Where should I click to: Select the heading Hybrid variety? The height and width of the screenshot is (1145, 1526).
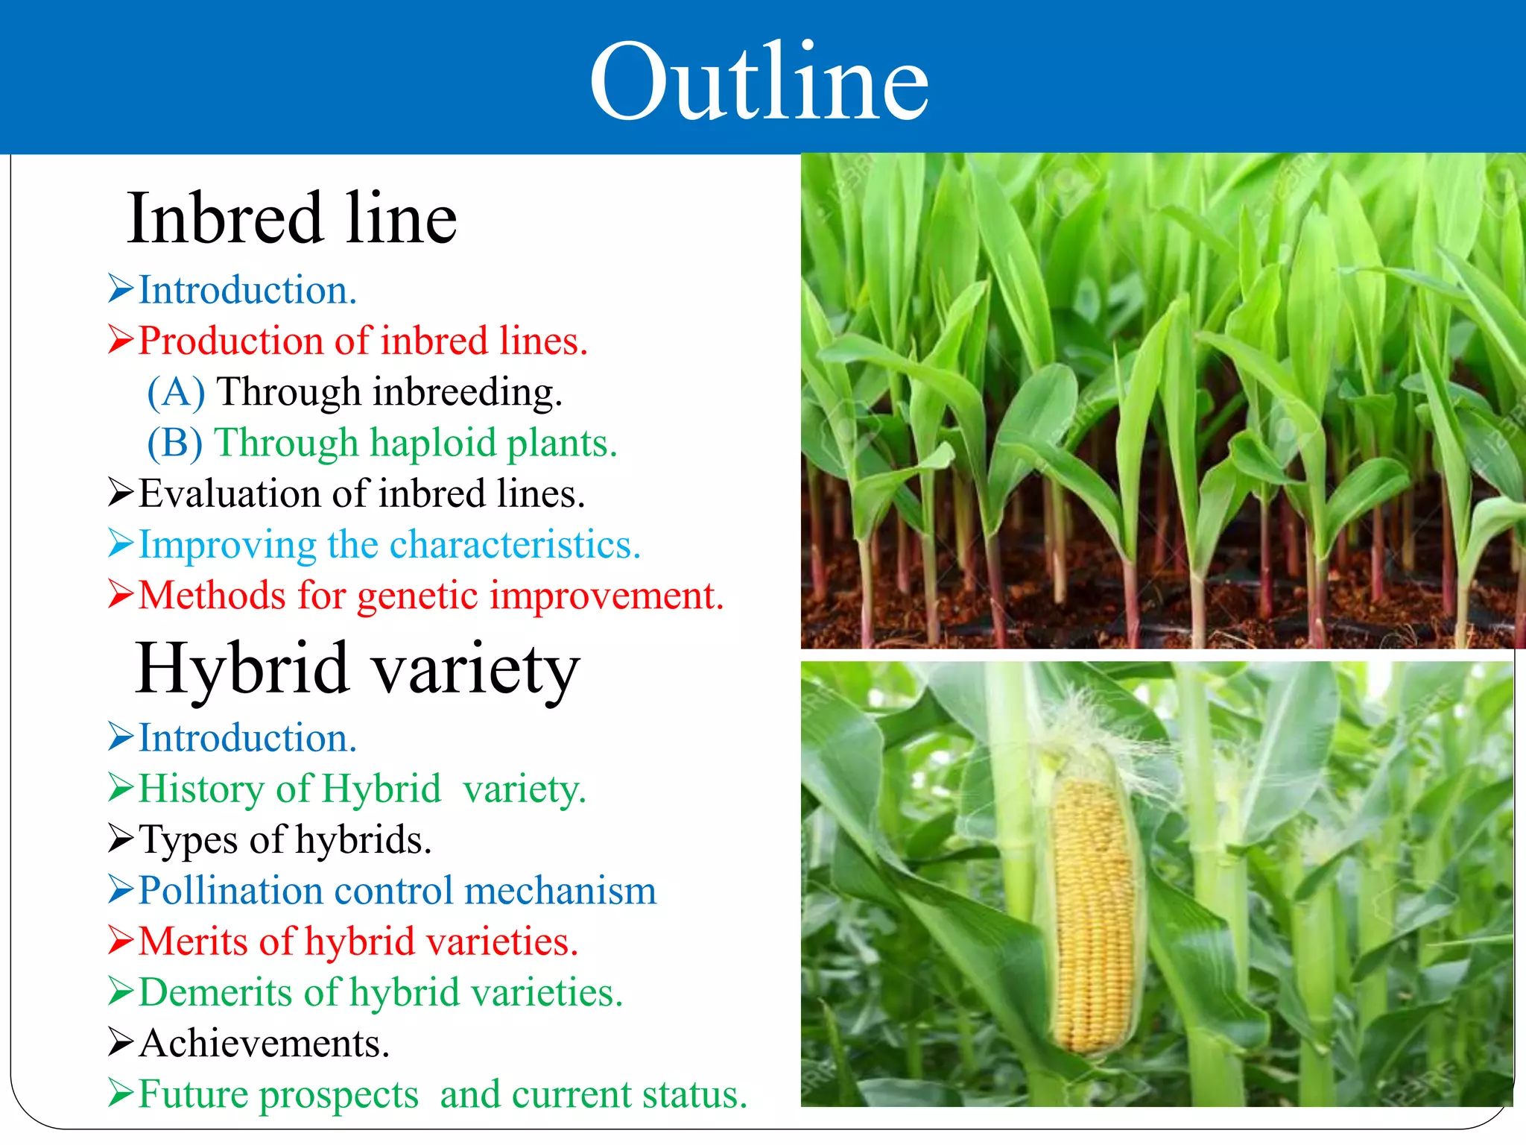coord(357,668)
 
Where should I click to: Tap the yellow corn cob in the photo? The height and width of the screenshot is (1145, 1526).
coord(1094,913)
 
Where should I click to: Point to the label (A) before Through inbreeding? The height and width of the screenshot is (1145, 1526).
coord(176,392)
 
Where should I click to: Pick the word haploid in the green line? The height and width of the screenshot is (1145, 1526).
coord(433,443)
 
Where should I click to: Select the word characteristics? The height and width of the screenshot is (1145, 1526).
coord(514,545)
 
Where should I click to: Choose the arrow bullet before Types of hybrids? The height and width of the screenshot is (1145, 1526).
coord(121,839)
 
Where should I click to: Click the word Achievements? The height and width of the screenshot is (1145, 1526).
coord(265,1044)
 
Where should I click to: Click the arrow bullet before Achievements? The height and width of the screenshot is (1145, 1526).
coord(121,1042)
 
